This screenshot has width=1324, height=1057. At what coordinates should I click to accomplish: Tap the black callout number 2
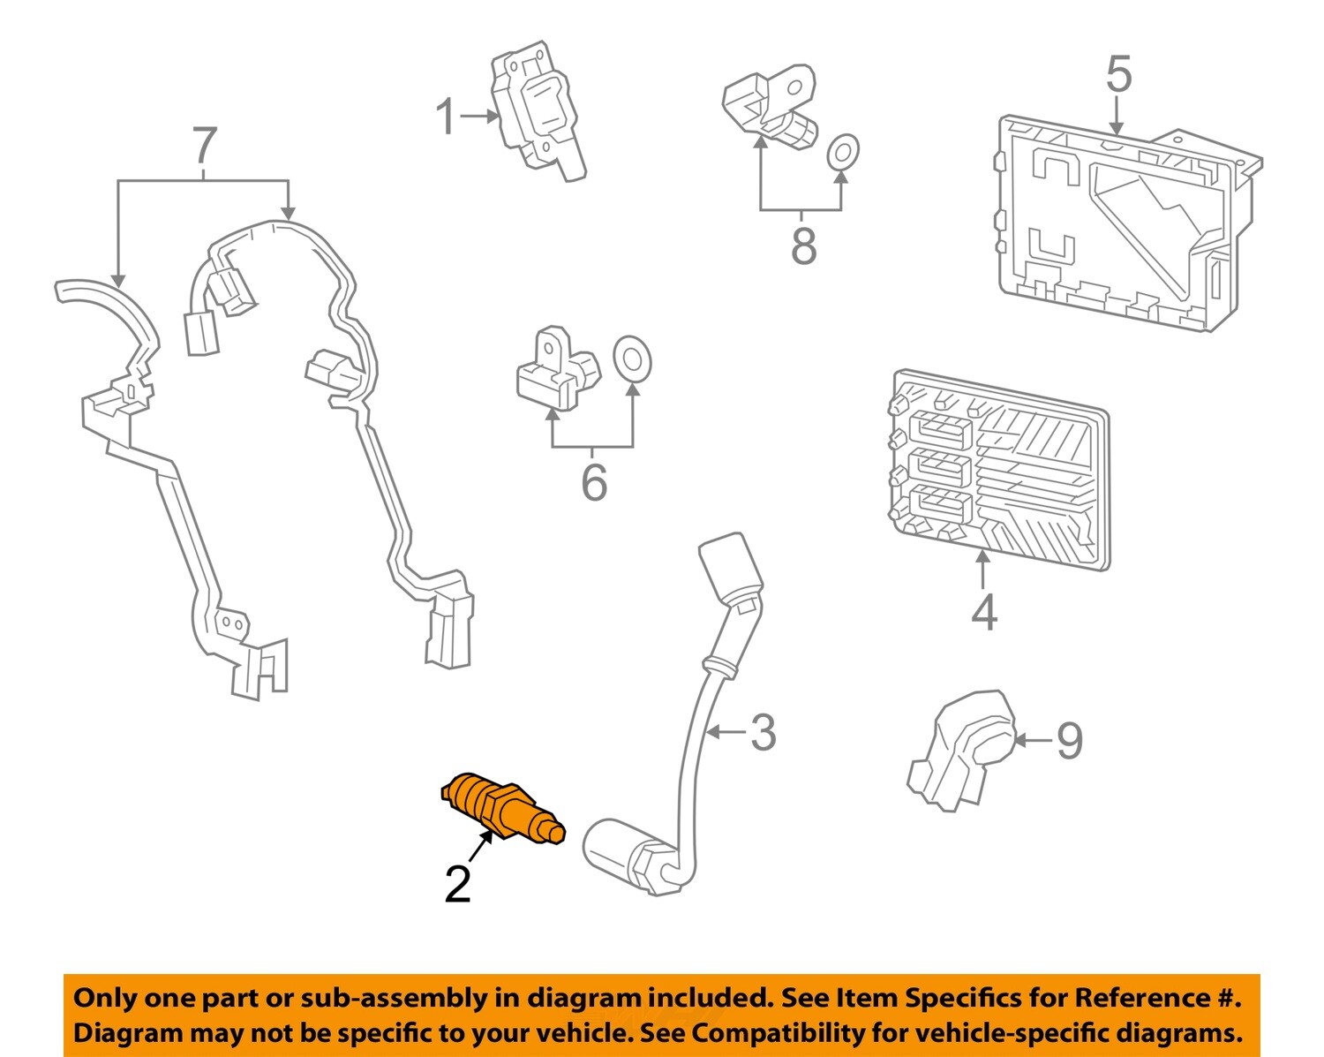click(458, 884)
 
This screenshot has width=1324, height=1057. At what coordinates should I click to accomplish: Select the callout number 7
click(204, 146)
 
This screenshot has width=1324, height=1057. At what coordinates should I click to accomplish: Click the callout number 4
click(984, 612)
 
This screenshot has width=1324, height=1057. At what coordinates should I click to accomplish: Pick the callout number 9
click(1070, 740)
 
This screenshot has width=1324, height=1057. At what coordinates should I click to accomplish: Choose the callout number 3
click(763, 732)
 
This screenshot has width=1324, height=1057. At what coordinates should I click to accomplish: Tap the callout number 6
click(594, 482)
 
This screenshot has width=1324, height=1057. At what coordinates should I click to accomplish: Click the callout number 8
click(803, 245)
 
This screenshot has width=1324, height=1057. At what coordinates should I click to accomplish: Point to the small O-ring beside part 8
click(843, 152)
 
